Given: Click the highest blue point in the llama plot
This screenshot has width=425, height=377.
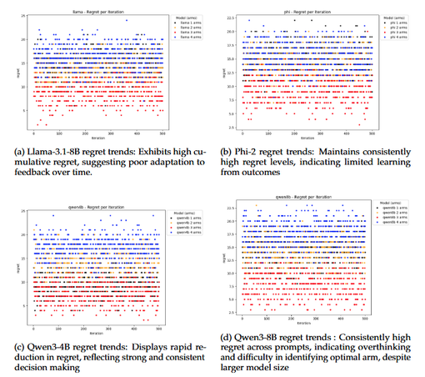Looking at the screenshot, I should point(126,20).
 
